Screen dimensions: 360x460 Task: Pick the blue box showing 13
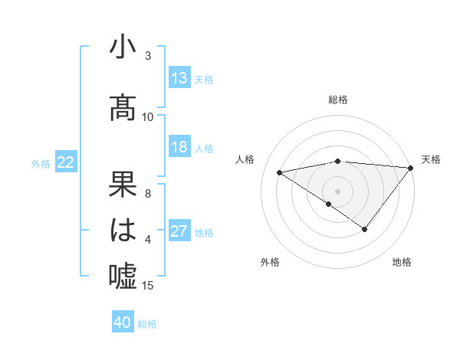(179, 78)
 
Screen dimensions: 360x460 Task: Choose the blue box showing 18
(179, 148)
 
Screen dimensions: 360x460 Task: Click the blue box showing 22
(66, 162)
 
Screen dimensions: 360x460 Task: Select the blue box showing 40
(123, 322)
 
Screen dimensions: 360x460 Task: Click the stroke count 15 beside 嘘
(149, 286)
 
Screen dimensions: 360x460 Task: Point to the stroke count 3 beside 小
(148, 56)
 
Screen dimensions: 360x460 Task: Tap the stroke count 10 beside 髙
(148, 117)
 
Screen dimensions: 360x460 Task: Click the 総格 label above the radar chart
(338, 100)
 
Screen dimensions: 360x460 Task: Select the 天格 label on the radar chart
(431, 159)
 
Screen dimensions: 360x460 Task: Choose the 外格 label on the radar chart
(270, 263)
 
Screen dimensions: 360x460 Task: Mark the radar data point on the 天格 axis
(411, 167)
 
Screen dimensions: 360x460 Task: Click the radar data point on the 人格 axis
(280, 172)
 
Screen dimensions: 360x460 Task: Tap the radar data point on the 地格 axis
(365, 229)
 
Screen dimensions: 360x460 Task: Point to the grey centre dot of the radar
(338, 191)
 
